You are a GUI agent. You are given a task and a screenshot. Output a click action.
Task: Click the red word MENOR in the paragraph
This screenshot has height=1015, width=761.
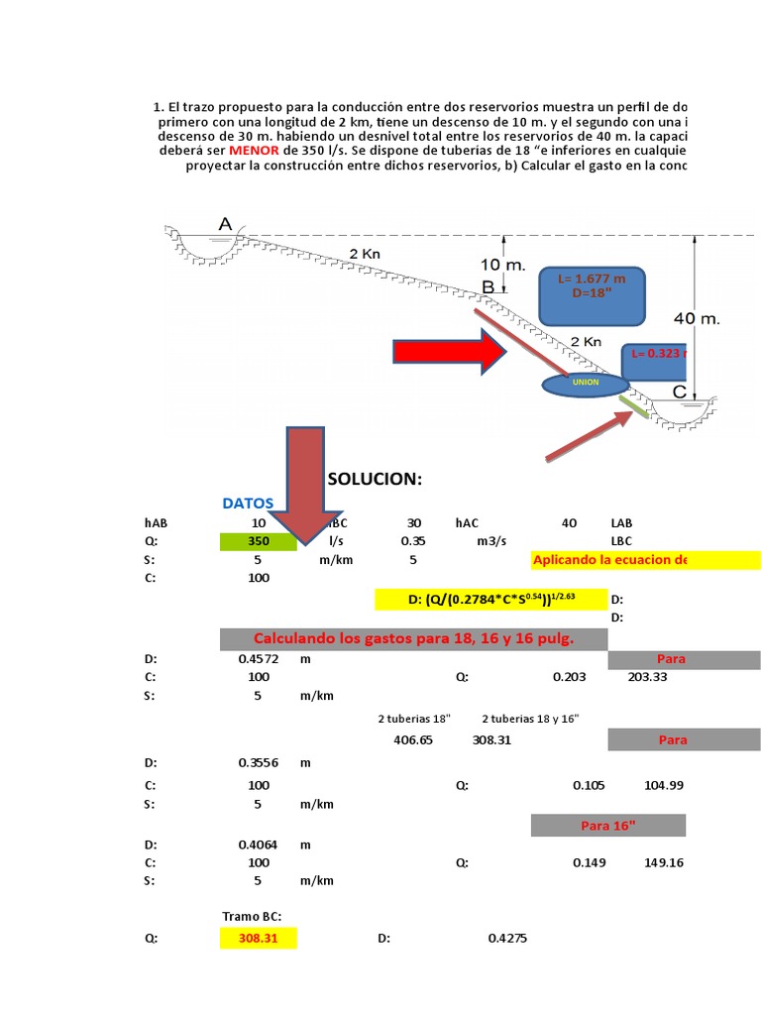(x=253, y=150)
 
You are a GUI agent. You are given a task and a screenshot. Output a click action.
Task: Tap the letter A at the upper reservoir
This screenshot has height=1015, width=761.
(x=225, y=225)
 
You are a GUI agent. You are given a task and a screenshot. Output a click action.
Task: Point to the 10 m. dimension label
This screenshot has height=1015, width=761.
(x=502, y=265)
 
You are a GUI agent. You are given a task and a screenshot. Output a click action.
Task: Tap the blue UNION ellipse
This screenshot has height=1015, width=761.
(x=584, y=383)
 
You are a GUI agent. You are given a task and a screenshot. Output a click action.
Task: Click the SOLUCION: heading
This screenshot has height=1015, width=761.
(x=375, y=479)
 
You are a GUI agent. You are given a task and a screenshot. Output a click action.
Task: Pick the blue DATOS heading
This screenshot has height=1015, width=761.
(x=248, y=504)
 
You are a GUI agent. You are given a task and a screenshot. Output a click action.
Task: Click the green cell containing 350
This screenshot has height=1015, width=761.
(x=259, y=541)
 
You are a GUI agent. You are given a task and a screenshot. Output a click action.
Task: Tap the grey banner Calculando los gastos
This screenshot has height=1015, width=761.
(x=413, y=638)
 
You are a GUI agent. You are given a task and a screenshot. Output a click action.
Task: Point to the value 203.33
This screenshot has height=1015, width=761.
(x=648, y=676)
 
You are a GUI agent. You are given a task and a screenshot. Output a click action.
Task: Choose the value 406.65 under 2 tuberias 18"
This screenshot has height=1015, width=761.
(x=413, y=739)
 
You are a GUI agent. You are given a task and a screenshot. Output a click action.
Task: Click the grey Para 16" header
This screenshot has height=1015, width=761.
(x=607, y=825)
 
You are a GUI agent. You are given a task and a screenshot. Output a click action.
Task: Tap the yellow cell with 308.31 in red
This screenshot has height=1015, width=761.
(x=259, y=937)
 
